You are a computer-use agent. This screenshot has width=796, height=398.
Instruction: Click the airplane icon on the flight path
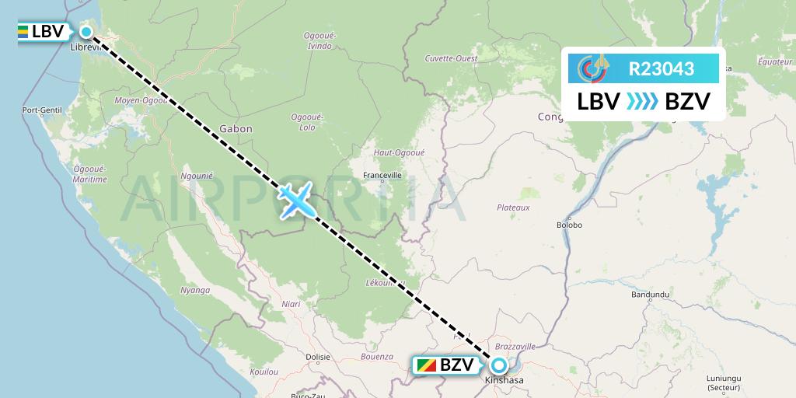coord(296,201)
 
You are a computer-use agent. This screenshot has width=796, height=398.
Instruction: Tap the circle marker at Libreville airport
coord(86,32)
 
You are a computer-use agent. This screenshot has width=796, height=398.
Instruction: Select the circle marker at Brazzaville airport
coord(498,365)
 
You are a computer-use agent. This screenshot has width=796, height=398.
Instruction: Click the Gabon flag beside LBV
coord(23,32)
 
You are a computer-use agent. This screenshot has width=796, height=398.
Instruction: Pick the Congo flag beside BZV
coord(426,365)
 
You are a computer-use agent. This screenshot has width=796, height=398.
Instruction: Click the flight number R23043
coord(661,68)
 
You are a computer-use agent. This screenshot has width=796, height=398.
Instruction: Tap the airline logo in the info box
coord(593,68)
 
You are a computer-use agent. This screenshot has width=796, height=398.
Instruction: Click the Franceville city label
coord(382,175)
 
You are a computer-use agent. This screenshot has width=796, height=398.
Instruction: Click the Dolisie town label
coord(318,358)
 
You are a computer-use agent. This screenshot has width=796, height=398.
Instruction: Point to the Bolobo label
coord(569,225)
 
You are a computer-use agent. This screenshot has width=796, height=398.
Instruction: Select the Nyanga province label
coord(195,290)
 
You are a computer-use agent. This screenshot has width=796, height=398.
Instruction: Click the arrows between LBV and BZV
coord(642,102)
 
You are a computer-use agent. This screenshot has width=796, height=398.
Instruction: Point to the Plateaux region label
coord(513,208)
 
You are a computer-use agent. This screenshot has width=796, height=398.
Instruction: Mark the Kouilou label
coord(264,372)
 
